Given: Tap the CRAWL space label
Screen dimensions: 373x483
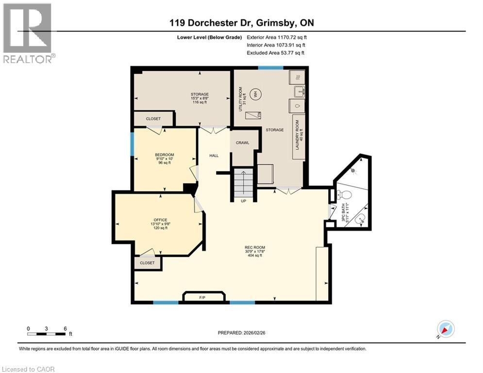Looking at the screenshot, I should tap(242, 143).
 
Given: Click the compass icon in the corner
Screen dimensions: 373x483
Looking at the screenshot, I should tap(445, 329).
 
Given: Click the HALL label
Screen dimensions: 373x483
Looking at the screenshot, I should tap(214, 155).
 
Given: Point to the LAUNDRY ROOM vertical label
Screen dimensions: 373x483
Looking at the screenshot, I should tap(301, 131).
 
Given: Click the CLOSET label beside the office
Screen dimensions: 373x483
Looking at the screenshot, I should tap(147, 263).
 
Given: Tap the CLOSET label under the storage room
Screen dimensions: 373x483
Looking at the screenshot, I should tap(153, 119).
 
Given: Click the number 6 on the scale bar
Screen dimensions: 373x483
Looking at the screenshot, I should tap(65, 328).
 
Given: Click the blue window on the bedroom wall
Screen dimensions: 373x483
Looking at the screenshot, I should tap(133, 144).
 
